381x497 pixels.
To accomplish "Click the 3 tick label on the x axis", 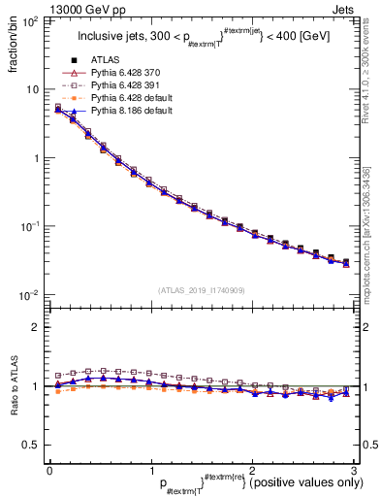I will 355,470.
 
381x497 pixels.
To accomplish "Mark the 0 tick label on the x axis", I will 49,470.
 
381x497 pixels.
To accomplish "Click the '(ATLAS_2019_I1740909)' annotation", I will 201,290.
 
